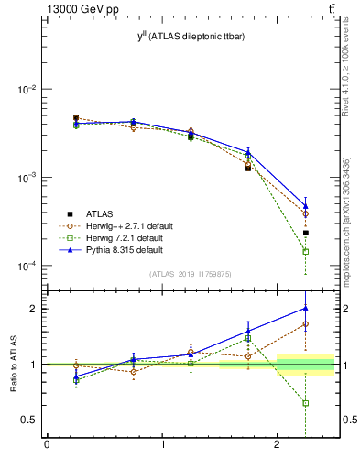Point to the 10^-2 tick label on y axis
pos(27,90)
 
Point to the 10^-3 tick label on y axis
pos(27,178)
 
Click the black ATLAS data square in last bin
pos(306,233)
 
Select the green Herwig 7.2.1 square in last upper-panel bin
pos(306,251)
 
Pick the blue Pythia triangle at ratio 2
pos(306,308)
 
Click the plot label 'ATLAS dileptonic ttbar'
pos(196,36)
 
